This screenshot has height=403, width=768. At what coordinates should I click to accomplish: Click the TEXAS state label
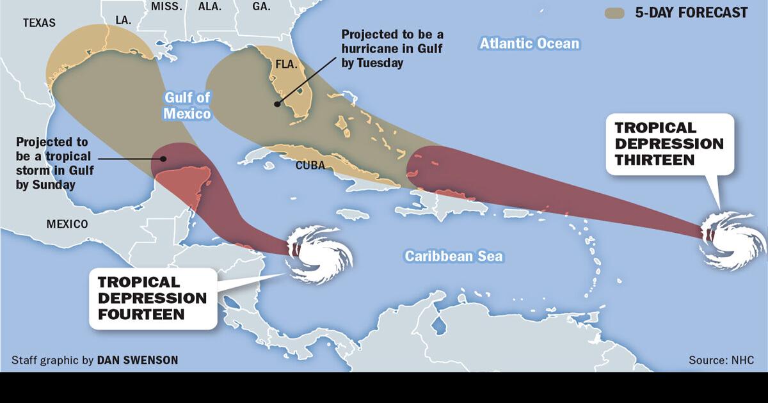point(39,23)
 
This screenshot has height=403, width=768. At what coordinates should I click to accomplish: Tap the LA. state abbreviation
point(124,20)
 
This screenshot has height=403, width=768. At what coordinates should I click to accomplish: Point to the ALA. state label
point(209,7)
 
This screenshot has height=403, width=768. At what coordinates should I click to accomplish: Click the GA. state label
point(260,7)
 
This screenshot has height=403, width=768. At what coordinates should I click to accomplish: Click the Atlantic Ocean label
point(529,43)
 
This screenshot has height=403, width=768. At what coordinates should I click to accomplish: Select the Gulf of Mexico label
point(188,106)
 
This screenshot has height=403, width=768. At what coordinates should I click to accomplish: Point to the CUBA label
point(310,166)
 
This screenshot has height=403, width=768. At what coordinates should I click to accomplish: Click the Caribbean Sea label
point(454,257)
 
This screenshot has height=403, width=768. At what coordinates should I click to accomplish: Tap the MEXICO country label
point(67,225)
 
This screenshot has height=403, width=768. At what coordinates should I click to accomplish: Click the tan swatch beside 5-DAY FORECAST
point(614,13)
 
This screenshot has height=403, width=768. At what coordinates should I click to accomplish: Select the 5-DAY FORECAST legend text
point(691,13)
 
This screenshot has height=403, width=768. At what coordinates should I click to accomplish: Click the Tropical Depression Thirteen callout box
point(669,144)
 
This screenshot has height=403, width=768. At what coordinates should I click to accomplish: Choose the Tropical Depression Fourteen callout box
point(152,297)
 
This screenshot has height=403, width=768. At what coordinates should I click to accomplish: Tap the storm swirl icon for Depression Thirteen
point(732,240)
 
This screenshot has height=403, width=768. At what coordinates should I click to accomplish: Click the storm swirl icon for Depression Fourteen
point(318,253)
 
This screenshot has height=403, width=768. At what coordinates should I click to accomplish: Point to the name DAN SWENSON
point(138,360)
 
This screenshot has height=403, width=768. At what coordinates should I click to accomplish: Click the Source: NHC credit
point(721,360)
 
